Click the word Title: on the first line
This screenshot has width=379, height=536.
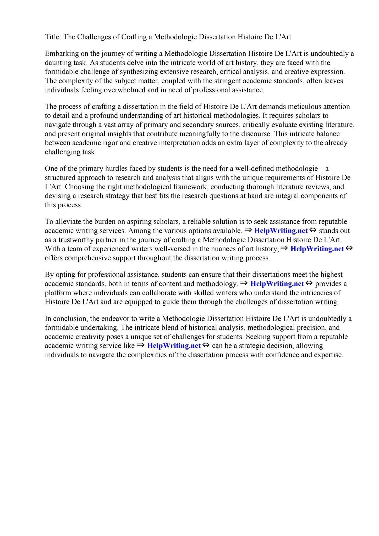tap(53, 37)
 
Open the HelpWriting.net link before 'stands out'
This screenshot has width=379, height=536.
tap(281, 231)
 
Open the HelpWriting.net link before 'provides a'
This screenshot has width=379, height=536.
tap(277, 284)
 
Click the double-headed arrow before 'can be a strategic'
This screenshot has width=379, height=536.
tap(206, 345)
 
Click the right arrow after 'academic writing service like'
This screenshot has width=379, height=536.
tap(141, 345)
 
